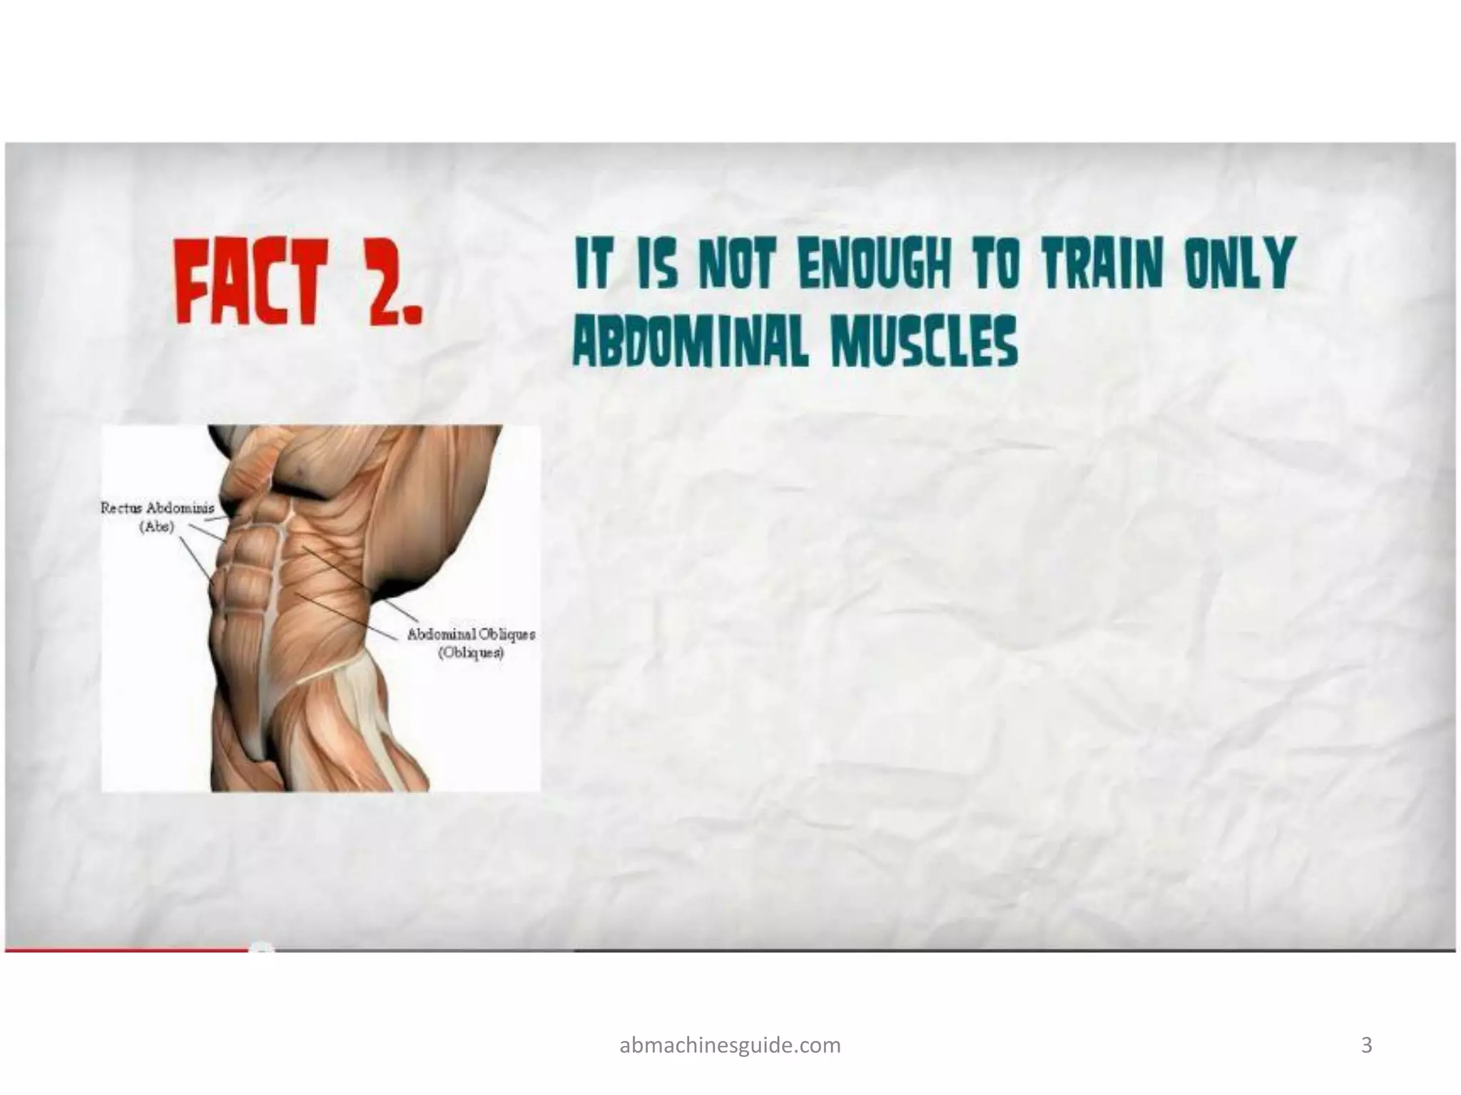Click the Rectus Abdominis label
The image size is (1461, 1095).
(x=157, y=508)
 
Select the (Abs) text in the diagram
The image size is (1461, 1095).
(x=156, y=528)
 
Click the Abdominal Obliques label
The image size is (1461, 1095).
(x=471, y=634)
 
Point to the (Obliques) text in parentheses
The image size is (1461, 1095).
(x=470, y=653)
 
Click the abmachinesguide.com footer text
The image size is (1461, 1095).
(x=730, y=1045)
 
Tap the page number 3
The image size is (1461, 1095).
(x=1367, y=1045)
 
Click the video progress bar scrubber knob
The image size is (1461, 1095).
(x=263, y=948)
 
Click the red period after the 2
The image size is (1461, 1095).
(x=412, y=314)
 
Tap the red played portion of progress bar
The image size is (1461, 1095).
(x=128, y=949)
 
